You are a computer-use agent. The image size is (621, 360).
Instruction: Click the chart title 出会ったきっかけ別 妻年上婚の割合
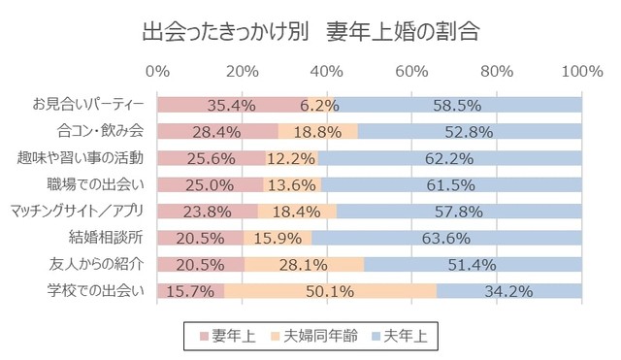[310, 31]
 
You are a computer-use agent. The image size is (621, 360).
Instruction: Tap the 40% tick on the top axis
[327, 72]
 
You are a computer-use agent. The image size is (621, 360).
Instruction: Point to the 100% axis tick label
[581, 72]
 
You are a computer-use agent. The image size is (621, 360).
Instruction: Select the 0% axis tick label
[157, 72]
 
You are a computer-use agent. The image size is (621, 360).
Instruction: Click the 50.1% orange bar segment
[330, 289]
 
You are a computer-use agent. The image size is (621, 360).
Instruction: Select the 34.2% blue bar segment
[508, 289]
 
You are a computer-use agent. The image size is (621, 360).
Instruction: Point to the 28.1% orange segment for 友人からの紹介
[304, 263]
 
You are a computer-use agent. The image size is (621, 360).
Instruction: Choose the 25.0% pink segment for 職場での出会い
[210, 183]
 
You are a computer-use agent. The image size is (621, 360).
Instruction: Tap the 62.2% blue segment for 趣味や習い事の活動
[449, 157]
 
